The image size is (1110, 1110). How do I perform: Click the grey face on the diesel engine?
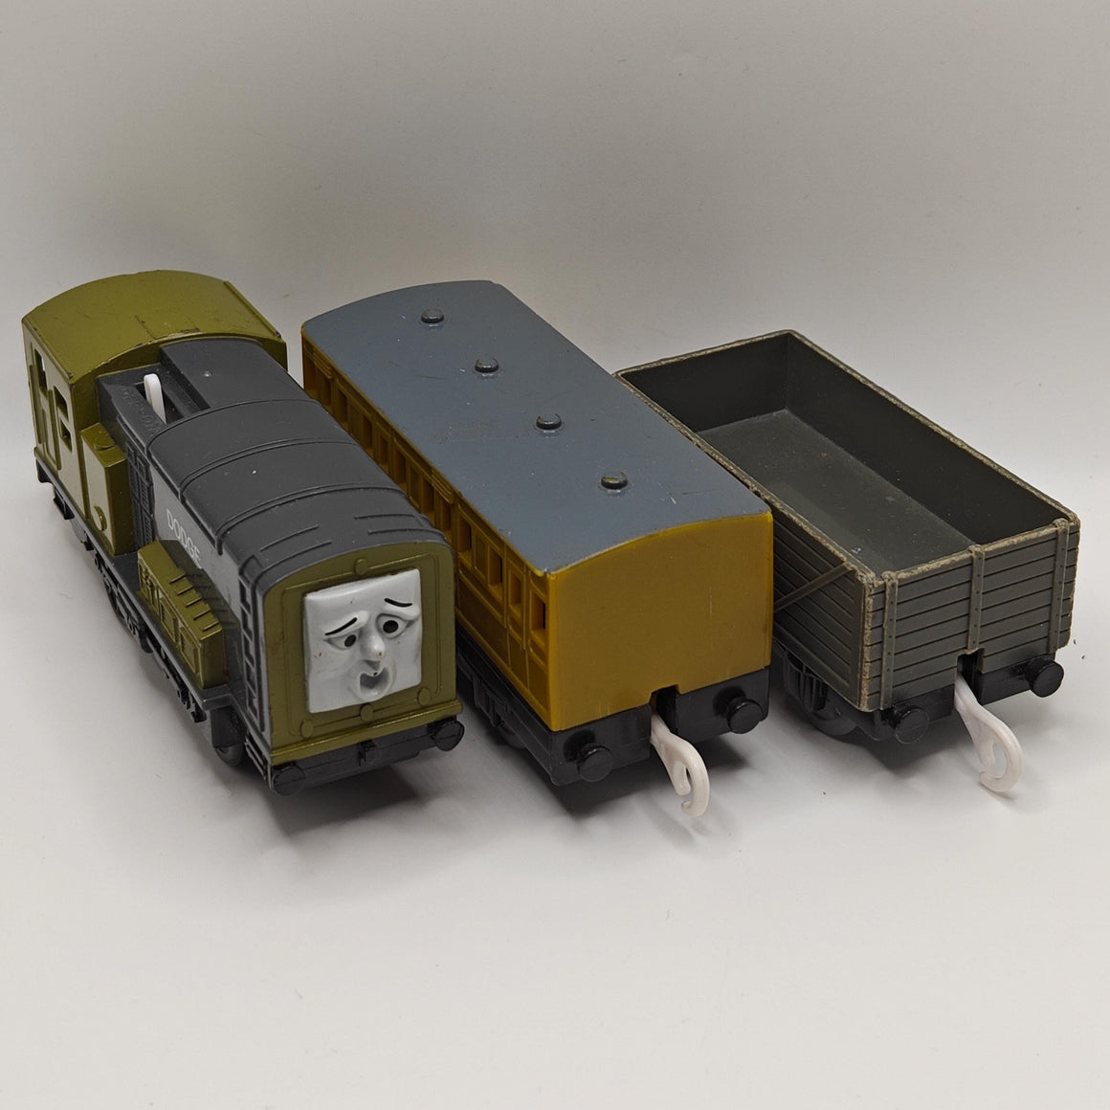[x=364, y=639]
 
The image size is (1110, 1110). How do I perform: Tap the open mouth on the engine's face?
[x=368, y=684]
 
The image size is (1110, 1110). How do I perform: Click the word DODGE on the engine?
[x=184, y=536]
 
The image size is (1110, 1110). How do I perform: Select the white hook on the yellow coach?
[x=679, y=763]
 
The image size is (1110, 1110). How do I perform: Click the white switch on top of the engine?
[x=154, y=398]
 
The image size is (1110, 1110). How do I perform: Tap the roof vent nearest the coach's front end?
[x=613, y=481]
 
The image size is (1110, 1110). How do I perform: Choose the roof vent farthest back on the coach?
[x=432, y=316]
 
